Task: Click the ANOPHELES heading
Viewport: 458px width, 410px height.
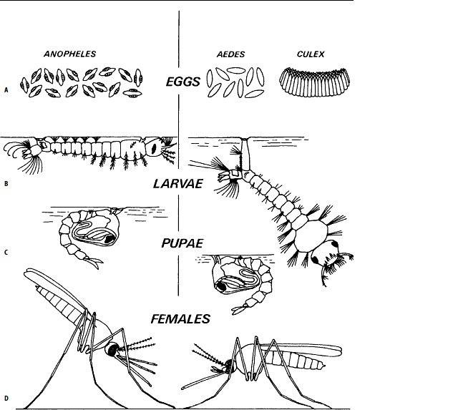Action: pos(70,54)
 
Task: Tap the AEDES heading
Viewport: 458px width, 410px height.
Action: pos(230,55)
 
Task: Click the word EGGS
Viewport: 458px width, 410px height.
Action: pos(185,82)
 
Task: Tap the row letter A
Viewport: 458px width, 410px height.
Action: pos(6,91)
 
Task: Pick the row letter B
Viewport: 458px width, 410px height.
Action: pos(6,184)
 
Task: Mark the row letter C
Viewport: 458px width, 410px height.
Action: pos(6,252)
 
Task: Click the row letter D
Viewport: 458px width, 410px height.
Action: pos(6,399)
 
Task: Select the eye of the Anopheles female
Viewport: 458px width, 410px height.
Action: pos(112,349)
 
